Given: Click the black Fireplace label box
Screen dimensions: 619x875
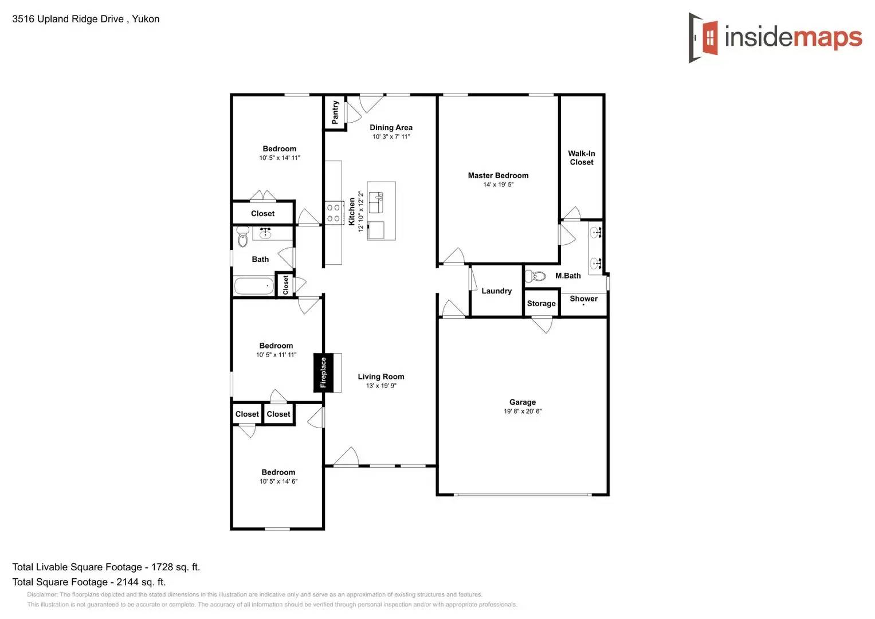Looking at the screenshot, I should click(x=323, y=373).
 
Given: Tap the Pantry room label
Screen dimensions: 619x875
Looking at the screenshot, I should click(x=335, y=112).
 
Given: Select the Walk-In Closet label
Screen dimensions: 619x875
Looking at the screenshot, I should click(x=581, y=158).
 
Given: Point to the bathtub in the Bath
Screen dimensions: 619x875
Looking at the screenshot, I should click(x=254, y=285).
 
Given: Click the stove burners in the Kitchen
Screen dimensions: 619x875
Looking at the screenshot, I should click(x=333, y=213).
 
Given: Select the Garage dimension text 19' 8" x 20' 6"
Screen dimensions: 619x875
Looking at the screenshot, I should click(x=522, y=412).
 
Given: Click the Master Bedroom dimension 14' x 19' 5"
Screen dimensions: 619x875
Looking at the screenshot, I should click(x=498, y=185).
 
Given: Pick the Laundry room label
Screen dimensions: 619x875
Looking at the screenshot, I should click(x=496, y=291).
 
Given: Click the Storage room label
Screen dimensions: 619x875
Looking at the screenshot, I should click(x=541, y=304).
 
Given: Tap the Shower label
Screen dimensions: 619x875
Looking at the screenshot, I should click(x=583, y=299).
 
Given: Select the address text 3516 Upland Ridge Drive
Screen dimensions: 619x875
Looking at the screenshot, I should click(x=68, y=19).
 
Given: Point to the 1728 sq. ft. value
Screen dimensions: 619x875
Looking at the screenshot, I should click(x=175, y=567).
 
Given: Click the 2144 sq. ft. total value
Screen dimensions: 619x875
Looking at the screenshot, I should click(x=141, y=582).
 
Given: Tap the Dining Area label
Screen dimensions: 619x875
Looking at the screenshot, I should click(x=391, y=128).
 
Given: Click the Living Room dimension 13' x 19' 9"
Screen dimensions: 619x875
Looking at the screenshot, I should click(x=381, y=386).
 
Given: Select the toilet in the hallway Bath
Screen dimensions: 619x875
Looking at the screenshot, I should click(x=242, y=236).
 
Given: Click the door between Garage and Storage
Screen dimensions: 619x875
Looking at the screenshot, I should click(x=542, y=324).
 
